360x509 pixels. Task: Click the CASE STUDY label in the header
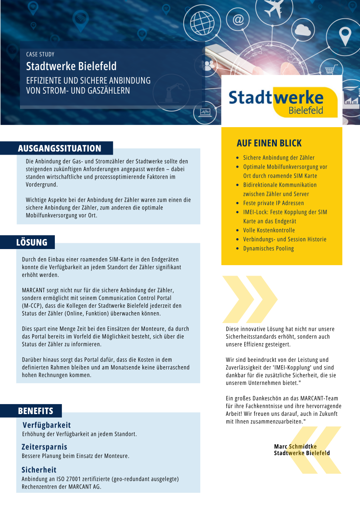point(40,54)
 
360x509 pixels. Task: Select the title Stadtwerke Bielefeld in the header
point(71,67)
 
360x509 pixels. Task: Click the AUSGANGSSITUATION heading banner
point(60,148)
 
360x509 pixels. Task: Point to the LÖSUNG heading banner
point(32,242)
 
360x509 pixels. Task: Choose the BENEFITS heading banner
point(36,411)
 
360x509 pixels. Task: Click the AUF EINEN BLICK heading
point(269,143)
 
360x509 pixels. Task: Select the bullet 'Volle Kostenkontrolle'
point(269,230)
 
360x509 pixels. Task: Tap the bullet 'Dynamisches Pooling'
point(269,248)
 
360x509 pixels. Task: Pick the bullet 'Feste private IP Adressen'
point(273,203)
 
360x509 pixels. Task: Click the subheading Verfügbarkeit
point(47,425)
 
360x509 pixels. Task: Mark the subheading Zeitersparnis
point(44,447)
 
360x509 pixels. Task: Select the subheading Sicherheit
point(39,470)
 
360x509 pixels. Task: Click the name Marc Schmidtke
point(295,446)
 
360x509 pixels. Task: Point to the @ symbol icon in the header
point(238,20)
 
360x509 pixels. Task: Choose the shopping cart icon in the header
point(332,69)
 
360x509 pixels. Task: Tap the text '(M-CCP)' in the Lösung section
point(32,306)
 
